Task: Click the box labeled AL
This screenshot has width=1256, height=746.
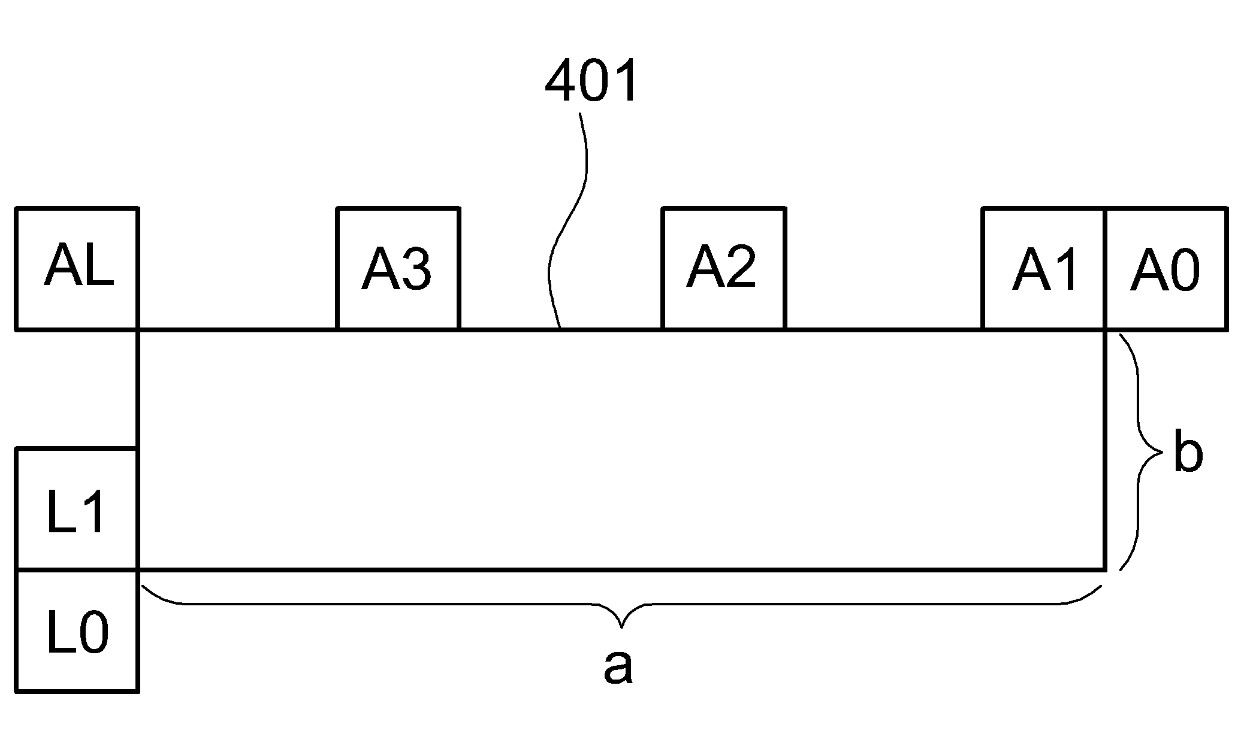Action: [77, 269]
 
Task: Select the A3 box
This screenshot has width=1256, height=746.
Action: [398, 269]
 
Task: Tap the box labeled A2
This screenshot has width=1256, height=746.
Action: [723, 269]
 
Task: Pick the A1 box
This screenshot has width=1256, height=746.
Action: [1043, 269]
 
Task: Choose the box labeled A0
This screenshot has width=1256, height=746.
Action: [1166, 269]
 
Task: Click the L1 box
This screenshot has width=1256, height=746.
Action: [77, 510]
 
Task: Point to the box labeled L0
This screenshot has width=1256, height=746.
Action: [77, 631]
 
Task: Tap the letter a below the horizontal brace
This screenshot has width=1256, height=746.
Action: [618, 668]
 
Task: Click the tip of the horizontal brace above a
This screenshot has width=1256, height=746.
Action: [622, 628]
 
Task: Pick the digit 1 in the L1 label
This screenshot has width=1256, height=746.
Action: [94, 511]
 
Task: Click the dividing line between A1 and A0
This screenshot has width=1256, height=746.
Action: [1104, 269]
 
